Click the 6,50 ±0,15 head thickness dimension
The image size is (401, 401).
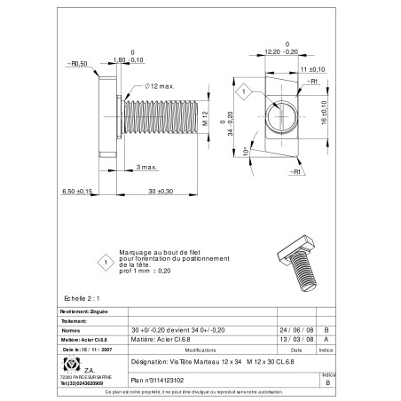point(77,192)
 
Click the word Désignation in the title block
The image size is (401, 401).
point(148,363)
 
